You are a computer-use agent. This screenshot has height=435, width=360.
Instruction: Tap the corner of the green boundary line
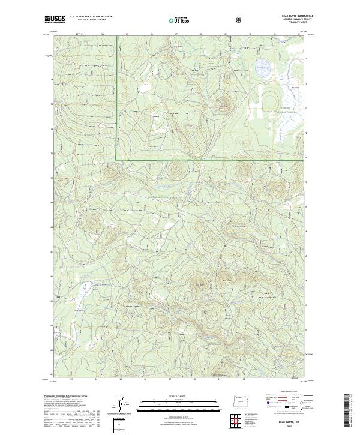[x=116, y=160]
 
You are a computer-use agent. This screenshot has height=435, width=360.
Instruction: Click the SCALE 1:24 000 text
[x=172, y=396]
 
